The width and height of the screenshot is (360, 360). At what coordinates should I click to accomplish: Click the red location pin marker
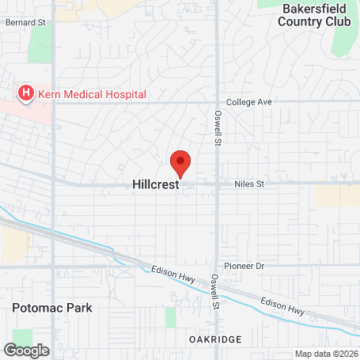180,163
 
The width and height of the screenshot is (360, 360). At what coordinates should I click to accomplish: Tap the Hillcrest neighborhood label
155,184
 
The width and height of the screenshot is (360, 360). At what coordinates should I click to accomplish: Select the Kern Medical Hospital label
92,94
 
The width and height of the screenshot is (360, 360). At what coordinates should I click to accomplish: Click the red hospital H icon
25,94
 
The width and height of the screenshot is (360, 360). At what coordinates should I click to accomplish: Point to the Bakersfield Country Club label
313,15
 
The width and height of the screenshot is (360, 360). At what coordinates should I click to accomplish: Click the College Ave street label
248,102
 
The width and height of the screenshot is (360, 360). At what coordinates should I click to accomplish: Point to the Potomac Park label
52,307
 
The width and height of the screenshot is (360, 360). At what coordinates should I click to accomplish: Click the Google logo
26,350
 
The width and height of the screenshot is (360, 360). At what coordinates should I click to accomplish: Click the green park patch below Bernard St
39,44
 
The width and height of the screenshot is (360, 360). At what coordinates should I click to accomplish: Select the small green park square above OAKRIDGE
171,316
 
